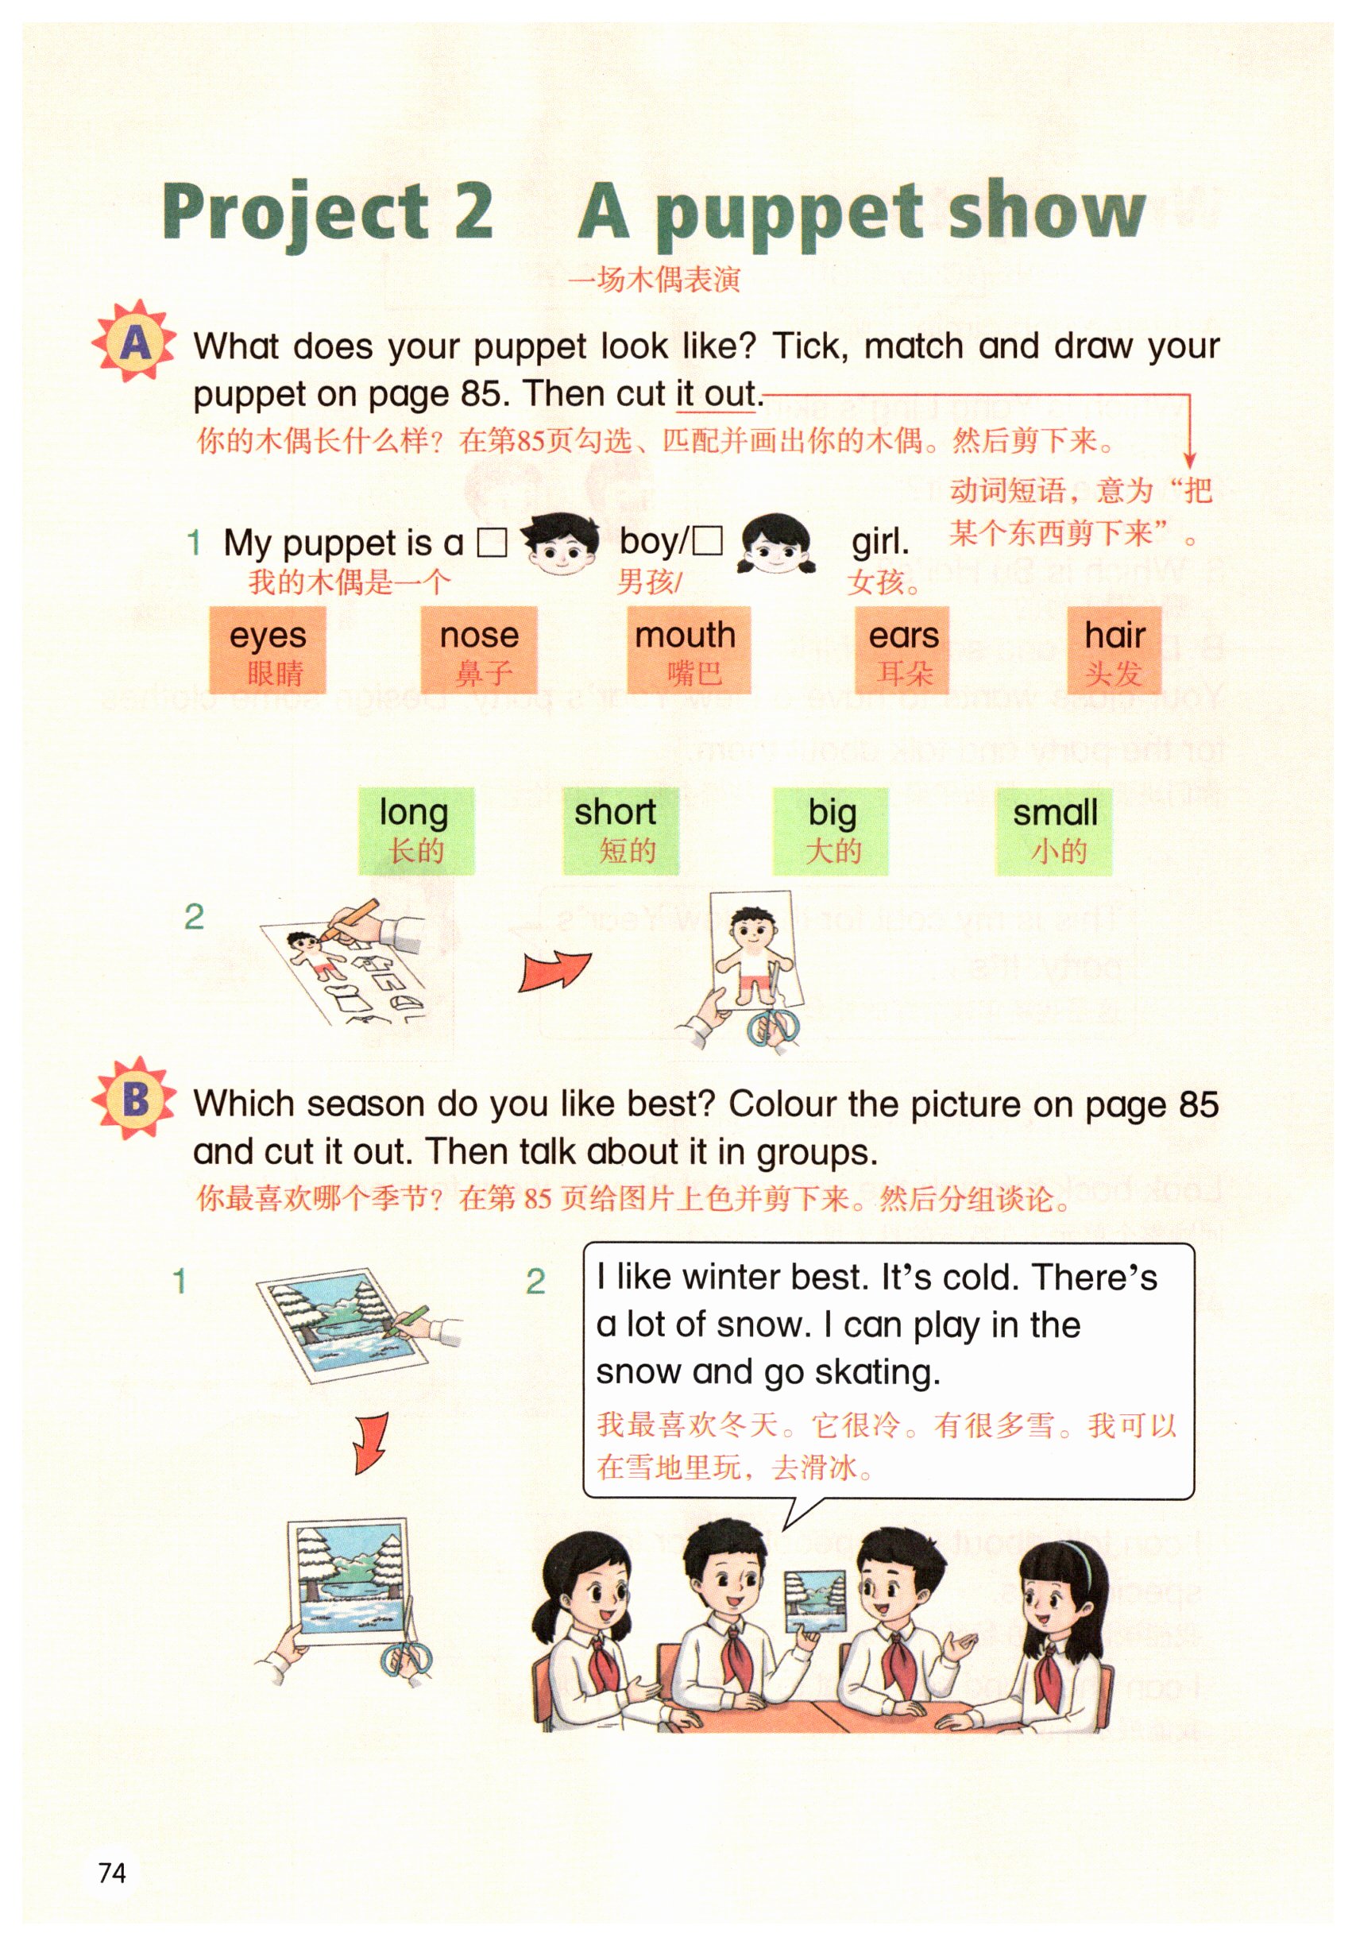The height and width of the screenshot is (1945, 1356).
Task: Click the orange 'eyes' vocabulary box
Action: [x=268, y=650]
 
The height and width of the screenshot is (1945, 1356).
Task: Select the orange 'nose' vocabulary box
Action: [x=479, y=650]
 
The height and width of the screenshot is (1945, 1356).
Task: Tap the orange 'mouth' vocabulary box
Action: [x=689, y=650]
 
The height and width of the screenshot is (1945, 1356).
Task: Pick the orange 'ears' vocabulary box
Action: [x=903, y=650]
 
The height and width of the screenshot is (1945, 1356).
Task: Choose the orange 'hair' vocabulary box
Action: [x=1114, y=650]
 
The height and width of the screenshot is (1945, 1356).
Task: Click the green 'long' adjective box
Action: [x=416, y=830]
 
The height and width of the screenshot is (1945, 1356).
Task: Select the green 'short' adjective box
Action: [x=621, y=830]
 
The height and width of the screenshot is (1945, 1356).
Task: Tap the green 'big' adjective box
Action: [x=830, y=830]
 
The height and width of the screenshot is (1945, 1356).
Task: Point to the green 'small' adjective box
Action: [x=1054, y=830]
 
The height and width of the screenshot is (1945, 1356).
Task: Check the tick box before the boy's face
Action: [x=491, y=542]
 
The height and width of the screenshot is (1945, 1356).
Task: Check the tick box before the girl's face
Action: [x=707, y=541]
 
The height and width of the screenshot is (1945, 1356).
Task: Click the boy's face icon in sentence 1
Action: [x=560, y=543]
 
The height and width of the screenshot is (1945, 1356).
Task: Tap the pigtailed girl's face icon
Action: [x=777, y=544]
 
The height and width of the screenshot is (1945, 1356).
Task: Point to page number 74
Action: [x=112, y=1872]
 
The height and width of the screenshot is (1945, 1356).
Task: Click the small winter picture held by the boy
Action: [x=815, y=1601]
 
